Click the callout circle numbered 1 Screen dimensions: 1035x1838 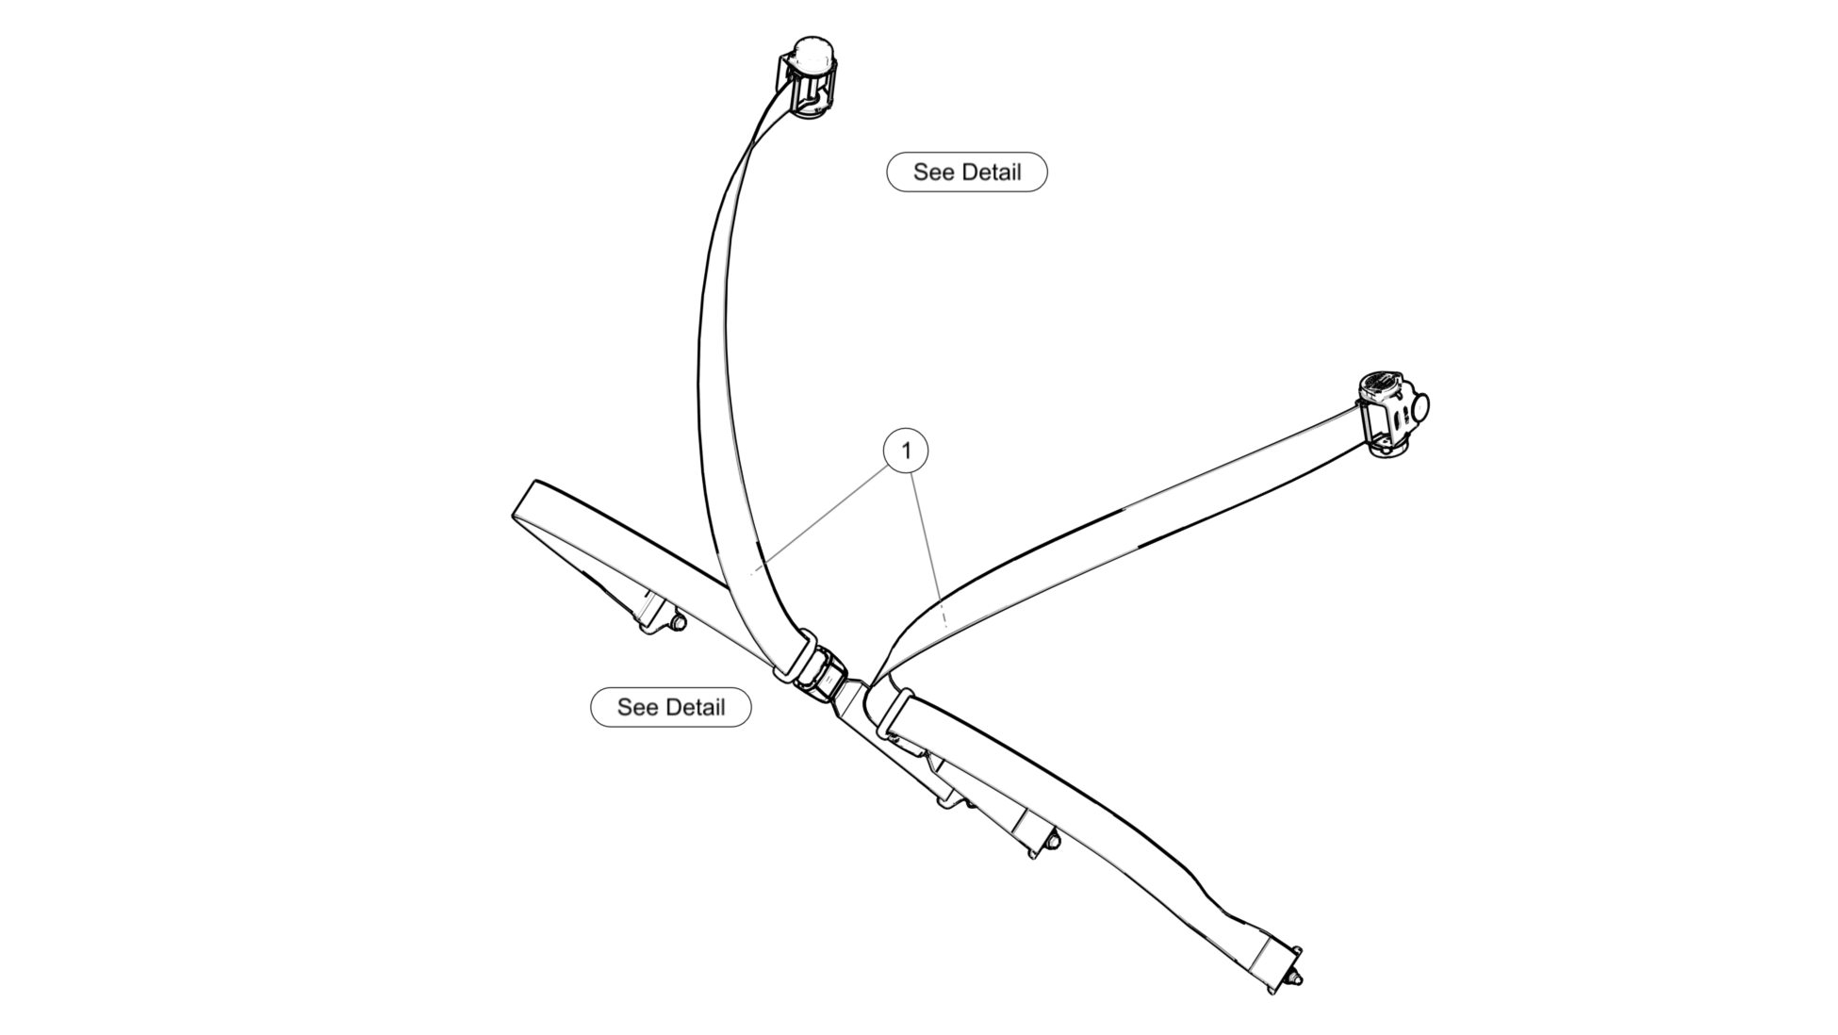point(906,451)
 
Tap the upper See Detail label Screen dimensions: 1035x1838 point(966,172)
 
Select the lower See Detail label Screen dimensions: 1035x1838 point(670,707)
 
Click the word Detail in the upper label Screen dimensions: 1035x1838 point(991,172)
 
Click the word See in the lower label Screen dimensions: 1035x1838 point(638,707)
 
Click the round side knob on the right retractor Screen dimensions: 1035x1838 point(1419,407)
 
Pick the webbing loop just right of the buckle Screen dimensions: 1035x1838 point(894,712)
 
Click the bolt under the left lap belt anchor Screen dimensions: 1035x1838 point(677,622)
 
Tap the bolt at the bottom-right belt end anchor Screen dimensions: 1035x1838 point(1297,980)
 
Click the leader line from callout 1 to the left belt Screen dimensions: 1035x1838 point(820,519)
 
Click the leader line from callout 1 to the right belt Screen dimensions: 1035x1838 point(928,547)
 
